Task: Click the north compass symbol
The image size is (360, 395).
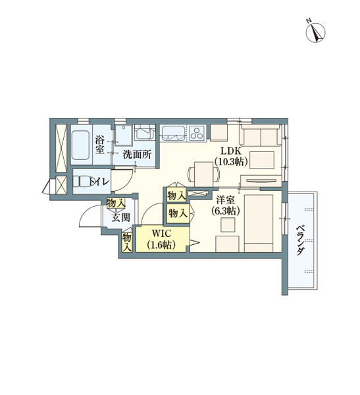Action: point(315,32)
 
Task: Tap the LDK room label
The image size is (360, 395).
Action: point(231,151)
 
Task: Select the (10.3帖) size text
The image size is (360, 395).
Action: point(231,161)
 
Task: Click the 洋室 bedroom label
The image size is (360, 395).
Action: point(226,200)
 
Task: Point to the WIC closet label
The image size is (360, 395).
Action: point(161,234)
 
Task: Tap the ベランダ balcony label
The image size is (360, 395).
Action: point(300,240)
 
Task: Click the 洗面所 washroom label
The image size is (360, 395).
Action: point(137,155)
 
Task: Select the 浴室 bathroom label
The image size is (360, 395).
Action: point(100,145)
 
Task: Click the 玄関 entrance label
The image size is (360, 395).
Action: point(121,217)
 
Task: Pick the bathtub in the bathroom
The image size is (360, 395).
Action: point(80,145)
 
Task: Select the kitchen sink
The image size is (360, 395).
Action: point(174,133)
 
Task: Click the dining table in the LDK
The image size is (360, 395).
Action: point(204,174)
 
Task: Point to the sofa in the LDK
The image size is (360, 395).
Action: point(260,136)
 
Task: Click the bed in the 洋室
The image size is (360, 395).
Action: point(259,223)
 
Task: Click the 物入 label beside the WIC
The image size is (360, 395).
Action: point(127,242)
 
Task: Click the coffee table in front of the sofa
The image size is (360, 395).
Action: point(262,160)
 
